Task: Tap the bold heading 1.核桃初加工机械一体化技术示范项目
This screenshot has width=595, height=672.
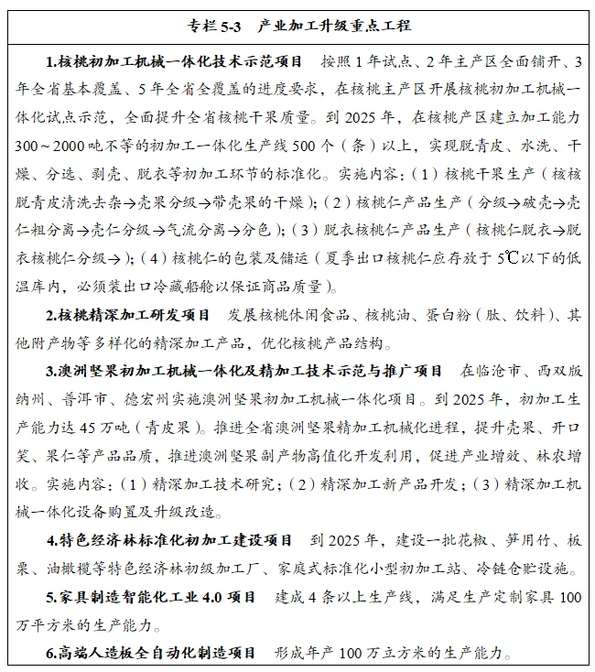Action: tap(174, 62)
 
